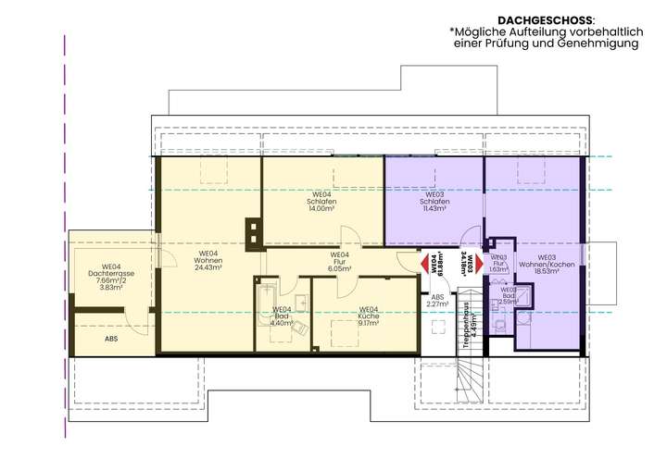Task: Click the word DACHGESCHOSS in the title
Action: tap(544, 19)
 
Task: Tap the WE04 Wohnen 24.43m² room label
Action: tap(208, 261)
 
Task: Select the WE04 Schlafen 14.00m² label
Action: tap(322, 201)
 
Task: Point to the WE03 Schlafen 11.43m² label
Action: tap(434, 201)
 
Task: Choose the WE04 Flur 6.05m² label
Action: tap(340, 262)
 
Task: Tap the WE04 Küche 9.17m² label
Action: tap(368, 316)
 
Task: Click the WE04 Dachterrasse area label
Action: tap(112, 276)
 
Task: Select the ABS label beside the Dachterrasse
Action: tap(111, 339)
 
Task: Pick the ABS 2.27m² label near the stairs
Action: tap(437, 300)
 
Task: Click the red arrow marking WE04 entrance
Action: tap(425, 266)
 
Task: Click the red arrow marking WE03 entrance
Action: tap(481, 266)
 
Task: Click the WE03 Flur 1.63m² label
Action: tap(498, 264)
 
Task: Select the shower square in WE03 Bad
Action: tap(523, 295)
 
